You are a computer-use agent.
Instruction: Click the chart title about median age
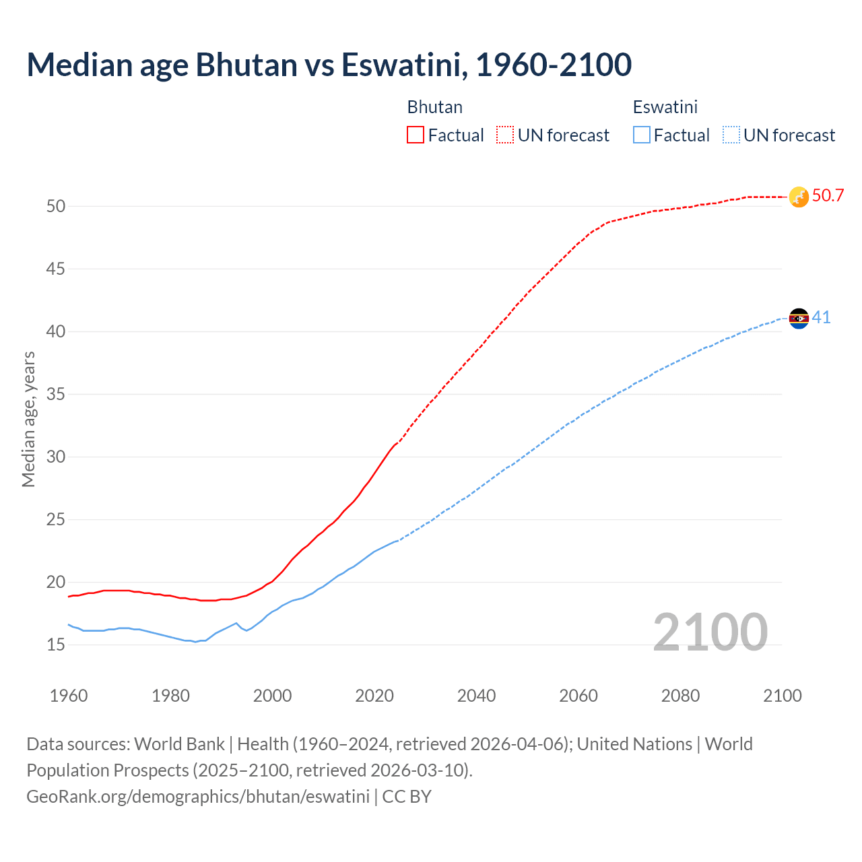[329, 65]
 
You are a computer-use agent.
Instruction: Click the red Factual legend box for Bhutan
[416, 135]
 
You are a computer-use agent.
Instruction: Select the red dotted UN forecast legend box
[505, 135]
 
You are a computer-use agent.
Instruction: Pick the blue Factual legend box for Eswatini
[642, 135]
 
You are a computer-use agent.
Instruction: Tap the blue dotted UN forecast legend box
[731, 135]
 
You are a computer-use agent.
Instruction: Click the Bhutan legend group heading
[434, 107]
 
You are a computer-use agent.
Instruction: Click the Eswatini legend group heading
[665, 107]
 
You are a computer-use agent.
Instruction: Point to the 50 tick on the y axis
[56, 206]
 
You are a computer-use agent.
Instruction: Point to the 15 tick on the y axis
[56, 644]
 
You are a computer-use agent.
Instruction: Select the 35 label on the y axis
[56, 394]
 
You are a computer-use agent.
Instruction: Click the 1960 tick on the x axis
[69, 696]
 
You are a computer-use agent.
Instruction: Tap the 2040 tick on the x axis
[476, 696]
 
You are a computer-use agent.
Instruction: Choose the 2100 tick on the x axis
[782, 696]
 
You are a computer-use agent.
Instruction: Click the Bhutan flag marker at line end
[799, 197]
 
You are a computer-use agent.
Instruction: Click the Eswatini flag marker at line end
[799, 318]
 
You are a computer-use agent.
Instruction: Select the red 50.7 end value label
[828, 196]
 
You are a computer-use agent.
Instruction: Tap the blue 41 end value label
[821, 317]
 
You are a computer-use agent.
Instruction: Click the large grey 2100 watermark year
[710, 632]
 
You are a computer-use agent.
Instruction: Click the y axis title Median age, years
[28, 419]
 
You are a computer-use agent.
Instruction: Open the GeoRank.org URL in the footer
[198, 796]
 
